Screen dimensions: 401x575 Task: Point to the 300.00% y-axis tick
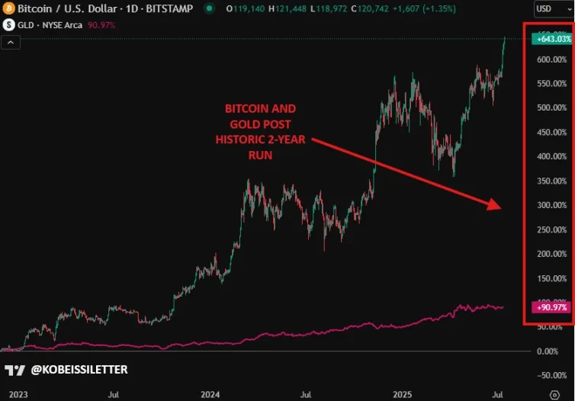(x=551, y=205)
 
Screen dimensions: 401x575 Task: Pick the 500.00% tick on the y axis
(x=551, y=107)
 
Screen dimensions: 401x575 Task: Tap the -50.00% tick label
(x=551, y=376)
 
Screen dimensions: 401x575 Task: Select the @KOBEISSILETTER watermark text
(x=79, y=370)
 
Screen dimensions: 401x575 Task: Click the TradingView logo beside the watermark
(x=14, y=370)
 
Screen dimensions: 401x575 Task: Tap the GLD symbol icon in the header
(x=8, y=24)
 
